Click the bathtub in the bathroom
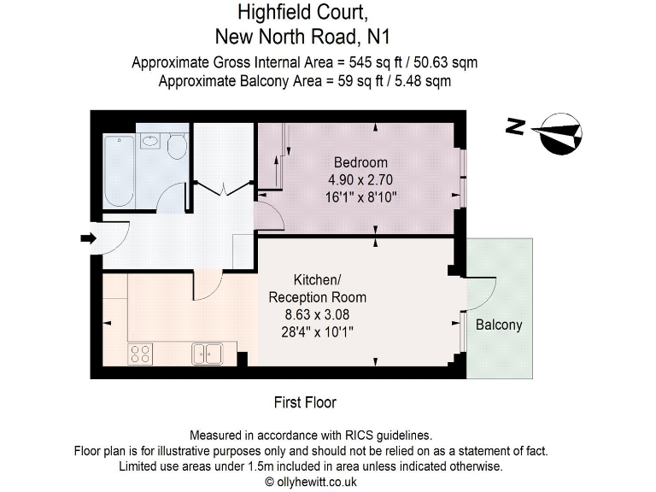119,171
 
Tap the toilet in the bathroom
177,146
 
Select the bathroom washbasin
150,141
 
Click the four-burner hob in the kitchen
140,353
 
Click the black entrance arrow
88,238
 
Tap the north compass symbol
559,132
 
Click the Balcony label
499,325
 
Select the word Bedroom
360,162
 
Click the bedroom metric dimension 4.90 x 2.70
360,180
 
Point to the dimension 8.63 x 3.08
318,315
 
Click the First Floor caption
305,402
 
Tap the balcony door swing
482,293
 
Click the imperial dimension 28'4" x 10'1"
318,332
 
